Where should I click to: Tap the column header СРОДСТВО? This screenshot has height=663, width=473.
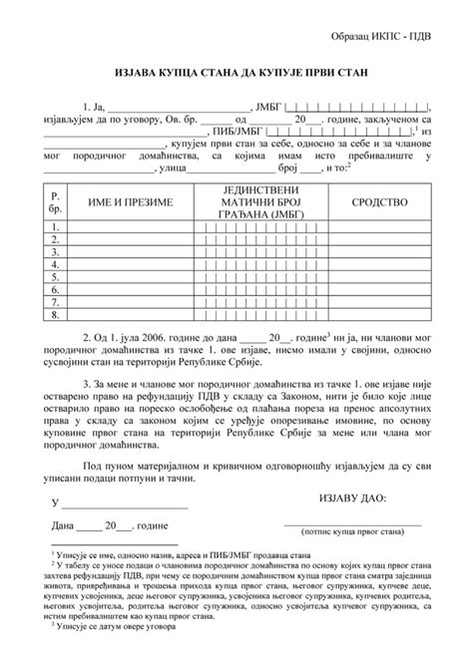point(379,202)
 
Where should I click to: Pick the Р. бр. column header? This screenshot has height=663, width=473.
point(55,202)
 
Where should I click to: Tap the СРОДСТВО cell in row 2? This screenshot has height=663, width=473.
point(379,240)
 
